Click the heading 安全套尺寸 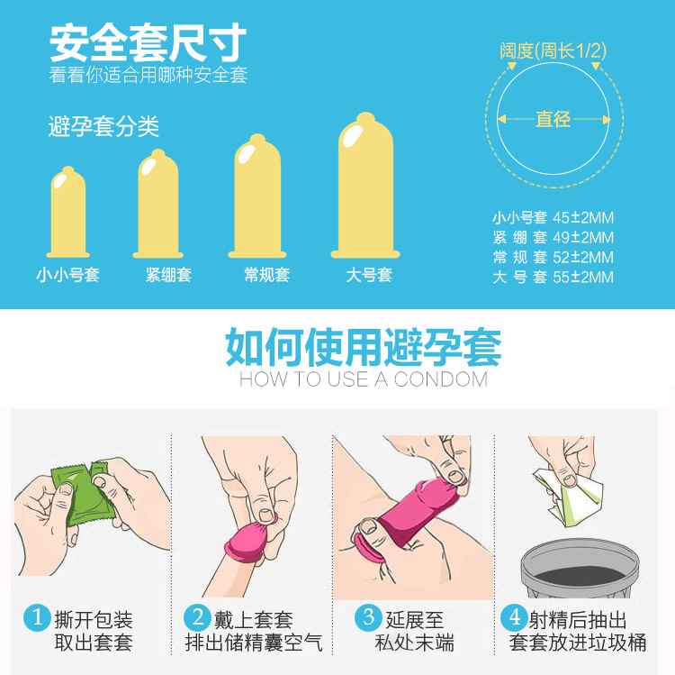pyautogui.click(x=148, y=41)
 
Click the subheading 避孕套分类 pyautogui.click(x=103, y=127)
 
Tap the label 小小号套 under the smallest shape pyautogui.click(x=67, y=275)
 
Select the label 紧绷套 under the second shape pyautogui.click(x=168, y=275)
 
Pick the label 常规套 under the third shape pyautogui.click(x=266, y=275)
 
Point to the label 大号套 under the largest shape pyautogui.click(x=369, y=275)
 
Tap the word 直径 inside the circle pyautogui.click(x=553, y=119)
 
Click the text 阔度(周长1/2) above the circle pyautogui.click(x=553, y=50)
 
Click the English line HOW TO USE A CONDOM pyautogui.click(x=363, y=379)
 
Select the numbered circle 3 pyautogui.click(x=368, y=618)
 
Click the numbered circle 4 pyautogui.click(x=514, y=618)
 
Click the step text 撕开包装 pyautogui.click(x=94, y=619)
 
